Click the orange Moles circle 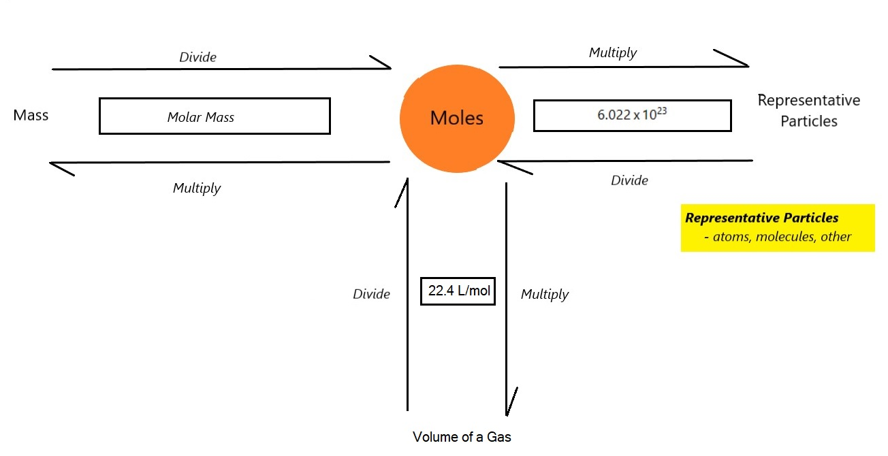click(457, 118)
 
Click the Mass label click(31, 115)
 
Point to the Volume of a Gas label click(462, 437)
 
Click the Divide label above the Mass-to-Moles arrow click(197, 57)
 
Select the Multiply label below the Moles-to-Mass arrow click(197, 188)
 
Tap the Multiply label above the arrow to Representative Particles click(613, 52)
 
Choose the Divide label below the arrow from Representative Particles click(629, 180)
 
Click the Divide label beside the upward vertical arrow click(371, 294)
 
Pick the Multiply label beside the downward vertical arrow click(545, 295)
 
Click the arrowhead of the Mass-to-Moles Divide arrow click(391, 68)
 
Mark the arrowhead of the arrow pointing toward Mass click(50, 163)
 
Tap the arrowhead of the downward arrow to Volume click(507, 415)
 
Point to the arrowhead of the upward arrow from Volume click(407, 179)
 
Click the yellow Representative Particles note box click(778, 228)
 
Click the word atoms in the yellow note click(731, 237)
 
